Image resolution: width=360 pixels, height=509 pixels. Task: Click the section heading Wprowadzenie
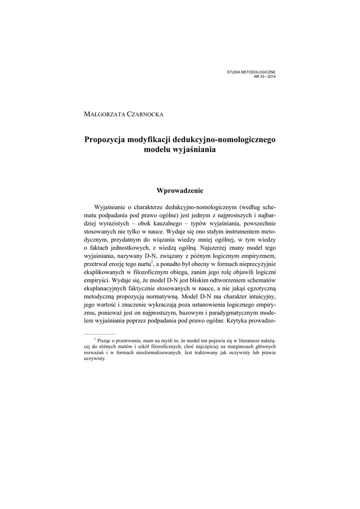tap(180, 190)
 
